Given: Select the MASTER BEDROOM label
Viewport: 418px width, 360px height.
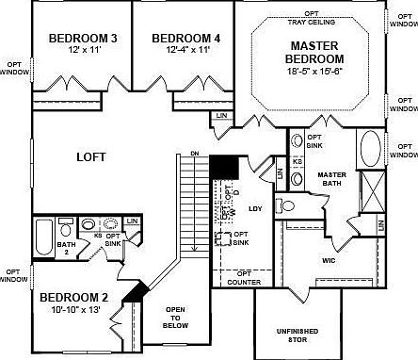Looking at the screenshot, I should [x=315, y=51].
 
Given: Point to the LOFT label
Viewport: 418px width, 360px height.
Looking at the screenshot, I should [x=90, y=159].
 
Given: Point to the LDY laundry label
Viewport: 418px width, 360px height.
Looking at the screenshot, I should [x=254, y=208].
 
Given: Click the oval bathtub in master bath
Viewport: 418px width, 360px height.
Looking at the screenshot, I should [x=370, y=148].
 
